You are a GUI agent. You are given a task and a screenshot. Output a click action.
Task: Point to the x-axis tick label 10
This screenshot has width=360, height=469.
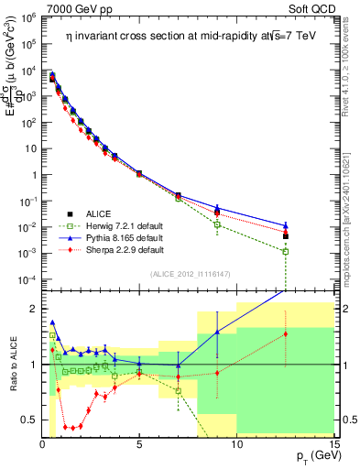pos(236,444)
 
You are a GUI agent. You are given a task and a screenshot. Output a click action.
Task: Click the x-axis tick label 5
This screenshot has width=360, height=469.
pos(139,444)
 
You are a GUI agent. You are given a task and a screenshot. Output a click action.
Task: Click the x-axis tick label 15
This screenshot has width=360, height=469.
pos(333,444)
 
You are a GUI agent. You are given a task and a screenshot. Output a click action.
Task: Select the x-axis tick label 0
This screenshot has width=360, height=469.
pos(42,444)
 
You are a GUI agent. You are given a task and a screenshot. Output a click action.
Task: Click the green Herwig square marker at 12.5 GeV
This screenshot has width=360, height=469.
pos(286,251)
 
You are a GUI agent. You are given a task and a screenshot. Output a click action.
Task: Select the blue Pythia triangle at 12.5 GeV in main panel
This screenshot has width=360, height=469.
pos(286,224)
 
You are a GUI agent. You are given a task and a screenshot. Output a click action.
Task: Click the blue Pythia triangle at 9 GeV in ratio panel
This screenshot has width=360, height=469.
pos(217,332)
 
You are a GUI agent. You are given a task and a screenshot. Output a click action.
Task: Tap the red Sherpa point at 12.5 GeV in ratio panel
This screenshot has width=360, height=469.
pos(286,333)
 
